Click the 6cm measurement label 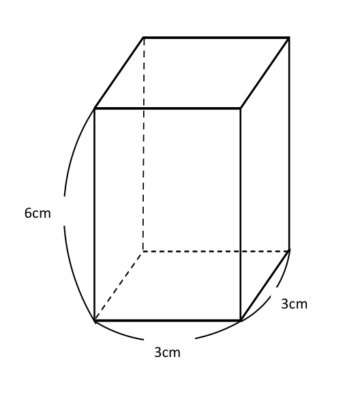[39, 212]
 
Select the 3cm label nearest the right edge [296, 303]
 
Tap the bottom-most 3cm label [169, 351]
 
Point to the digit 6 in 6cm [28, 213]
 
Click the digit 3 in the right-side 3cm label [285, 304]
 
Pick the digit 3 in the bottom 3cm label [158, 352]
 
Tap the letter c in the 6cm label [36, 214]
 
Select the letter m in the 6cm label [46, 214]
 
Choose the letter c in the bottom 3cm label [166, 353]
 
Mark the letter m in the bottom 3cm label [176, 353]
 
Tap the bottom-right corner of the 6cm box [65, 227]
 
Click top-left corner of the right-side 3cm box [270, 288]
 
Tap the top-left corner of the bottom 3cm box [143, 336]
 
